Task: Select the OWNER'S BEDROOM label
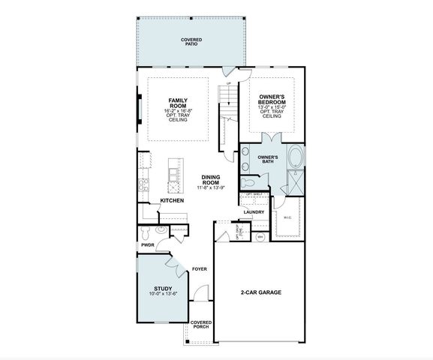(x=272, y=101)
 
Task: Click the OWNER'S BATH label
(x=268, y=159)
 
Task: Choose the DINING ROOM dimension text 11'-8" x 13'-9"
(x=211, y=187)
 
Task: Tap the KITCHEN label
(x=172, y=201)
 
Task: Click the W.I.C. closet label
(x=287, y=218)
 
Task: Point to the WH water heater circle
(x=260, y=237)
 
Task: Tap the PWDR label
(x=147, y=244)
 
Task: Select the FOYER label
(x=199, y=268)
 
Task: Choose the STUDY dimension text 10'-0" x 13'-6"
(x=163, y=293)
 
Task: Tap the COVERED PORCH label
(x=200, y=325)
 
